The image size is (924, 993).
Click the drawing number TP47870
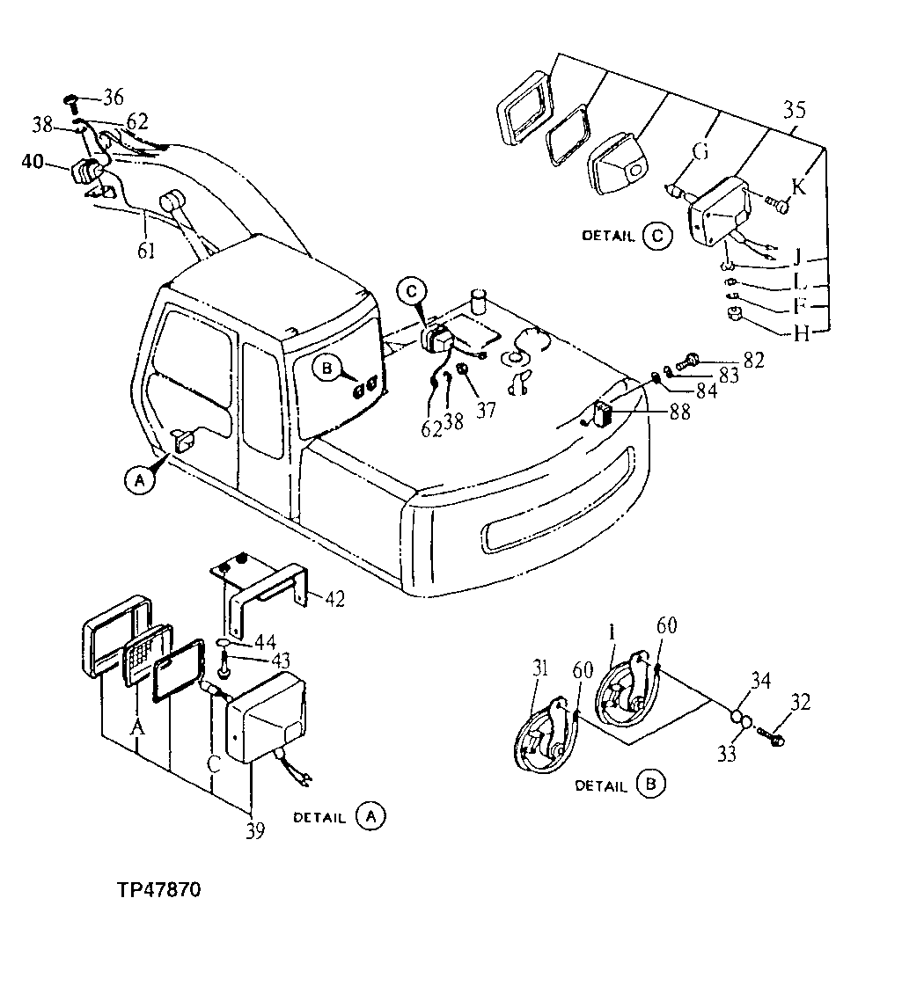point(158,890)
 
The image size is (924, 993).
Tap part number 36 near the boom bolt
point(114,97)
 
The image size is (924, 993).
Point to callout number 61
point(146,252)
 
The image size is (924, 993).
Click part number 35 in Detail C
point(794,111)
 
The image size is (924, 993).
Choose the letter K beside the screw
point(798,186)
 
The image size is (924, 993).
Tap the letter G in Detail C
point(700,153)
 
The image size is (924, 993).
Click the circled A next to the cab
point(136,479)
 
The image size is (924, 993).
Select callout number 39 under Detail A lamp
point(254,829)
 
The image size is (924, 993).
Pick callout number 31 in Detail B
point(539,670)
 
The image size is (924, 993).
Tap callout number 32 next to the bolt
point(801,703)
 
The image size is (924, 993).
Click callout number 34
point(760,680)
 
